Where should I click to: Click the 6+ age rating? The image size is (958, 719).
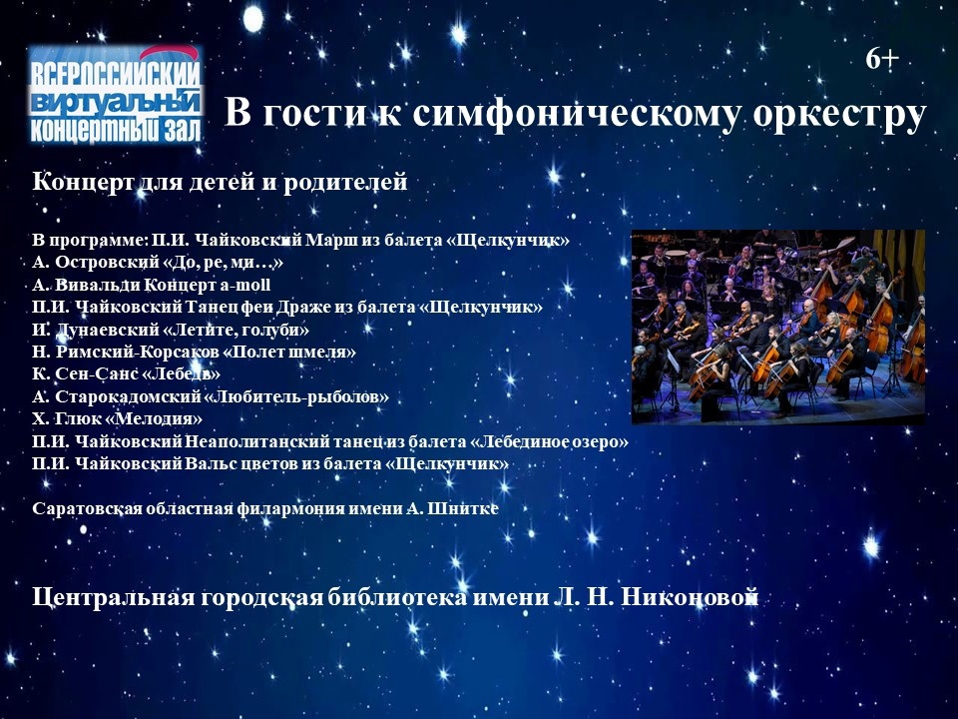coord(882,59)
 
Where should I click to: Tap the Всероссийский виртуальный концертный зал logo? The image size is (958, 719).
coord(115,95)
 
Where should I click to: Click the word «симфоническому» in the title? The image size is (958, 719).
coord(575,113)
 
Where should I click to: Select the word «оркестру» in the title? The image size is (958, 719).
coord(839,115)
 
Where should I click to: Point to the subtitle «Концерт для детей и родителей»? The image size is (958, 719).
coord(220,182)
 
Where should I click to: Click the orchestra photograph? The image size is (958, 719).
coord(777,327)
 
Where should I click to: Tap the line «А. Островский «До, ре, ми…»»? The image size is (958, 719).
coord(158,263)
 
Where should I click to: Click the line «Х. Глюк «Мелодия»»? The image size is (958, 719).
coord(118,419)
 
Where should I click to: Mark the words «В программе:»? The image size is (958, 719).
coord(91,241)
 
